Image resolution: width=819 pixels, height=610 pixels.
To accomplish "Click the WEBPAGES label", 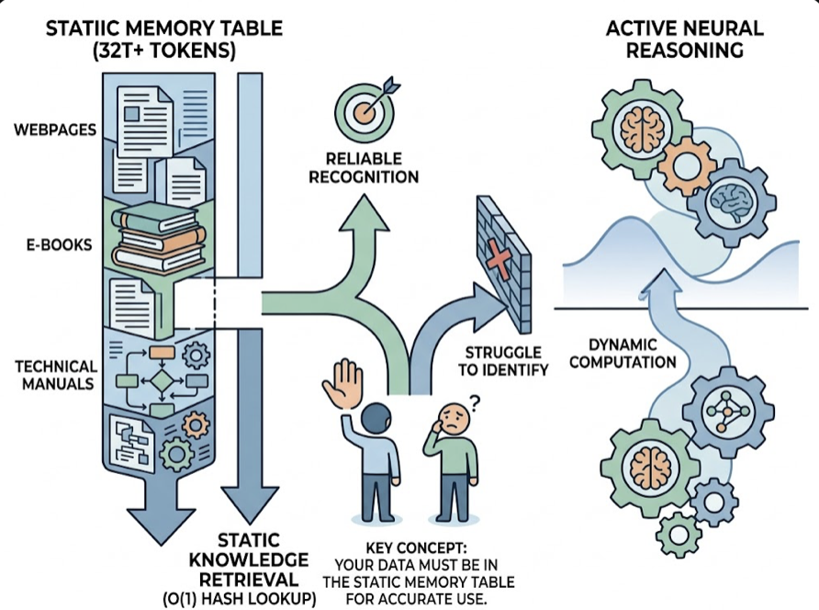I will click(55, 129).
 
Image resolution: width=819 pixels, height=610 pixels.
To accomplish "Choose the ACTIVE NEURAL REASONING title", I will click(685, 39).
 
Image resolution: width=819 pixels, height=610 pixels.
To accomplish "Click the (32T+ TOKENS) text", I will click(163, 52).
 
